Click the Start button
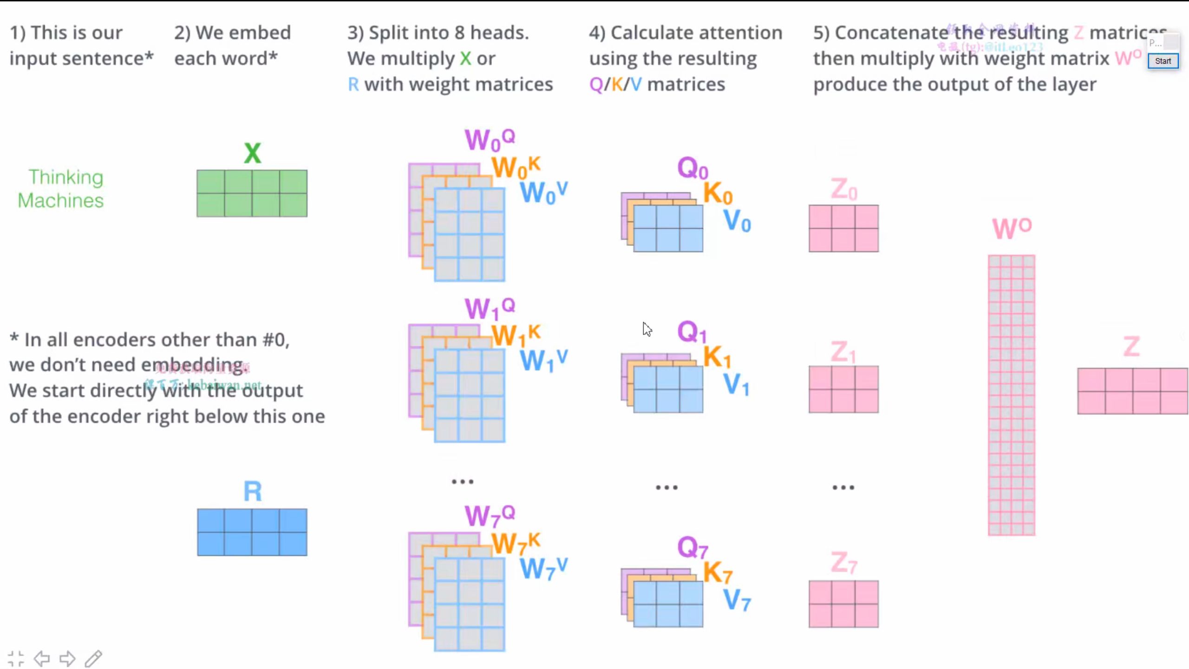(x=1163, y=61)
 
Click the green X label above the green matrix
(x=253, y=153)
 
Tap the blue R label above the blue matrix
(x=253, y=491)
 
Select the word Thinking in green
(x=65, y=177)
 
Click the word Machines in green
(x=61, y=201)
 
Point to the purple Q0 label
(x=692, y=168)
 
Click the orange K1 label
(x=717, y=357)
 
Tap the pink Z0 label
(x=843, y=190)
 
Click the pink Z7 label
(x=843, y=564)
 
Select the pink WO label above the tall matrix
(x=1012, y=228)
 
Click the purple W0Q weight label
(x=490, y=139)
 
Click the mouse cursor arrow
(x=647, y=328)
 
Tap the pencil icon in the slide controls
(x=93, y=658)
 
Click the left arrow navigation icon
(x=42, y=658)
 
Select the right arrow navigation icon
(x=67, y=658)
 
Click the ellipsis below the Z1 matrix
(x=843, y=487)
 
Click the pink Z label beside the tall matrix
(x=1131, y=347)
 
